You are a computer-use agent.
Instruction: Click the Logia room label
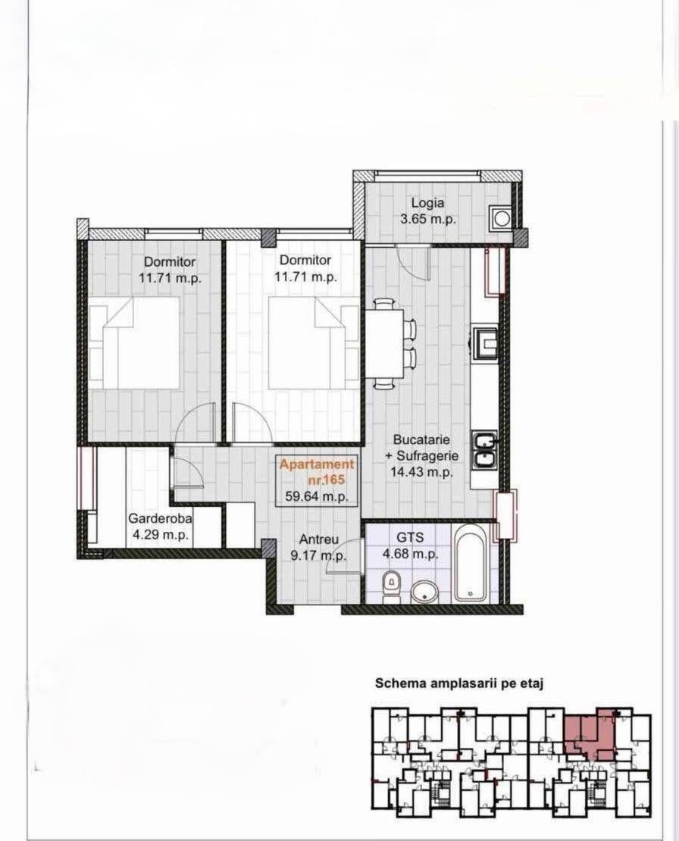(427, 203)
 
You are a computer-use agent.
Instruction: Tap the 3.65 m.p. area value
(428, 219)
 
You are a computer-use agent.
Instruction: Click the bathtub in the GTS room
(470, 563)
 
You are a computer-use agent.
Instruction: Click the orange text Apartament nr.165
(317, 471)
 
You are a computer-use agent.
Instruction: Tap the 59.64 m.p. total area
(317, 496)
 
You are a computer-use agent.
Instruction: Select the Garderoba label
(160, 519)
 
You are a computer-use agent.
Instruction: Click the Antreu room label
(318, 539)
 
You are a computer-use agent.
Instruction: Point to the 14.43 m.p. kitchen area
(422, 473)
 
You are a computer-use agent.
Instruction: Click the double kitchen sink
(485, 450)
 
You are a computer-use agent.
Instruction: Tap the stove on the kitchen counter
(485, 341)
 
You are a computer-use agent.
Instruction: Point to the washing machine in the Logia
(501, 218)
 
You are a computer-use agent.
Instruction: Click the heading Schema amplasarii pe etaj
(460, 683)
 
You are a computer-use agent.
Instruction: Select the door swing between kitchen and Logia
(413, 262)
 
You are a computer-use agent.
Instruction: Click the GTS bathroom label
(410, 537)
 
